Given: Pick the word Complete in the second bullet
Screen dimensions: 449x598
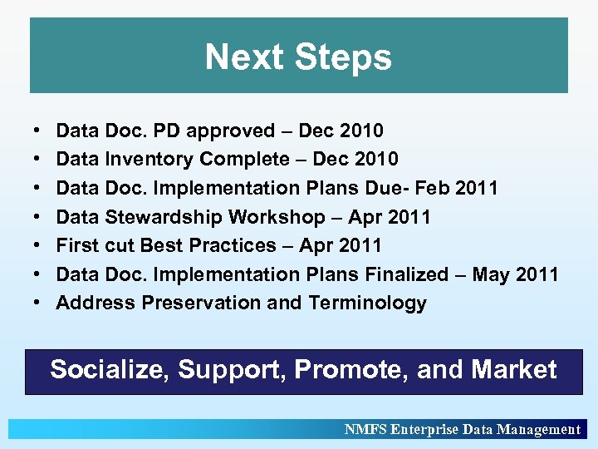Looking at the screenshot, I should pos(237,159).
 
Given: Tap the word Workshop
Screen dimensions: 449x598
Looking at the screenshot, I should pos(277,217).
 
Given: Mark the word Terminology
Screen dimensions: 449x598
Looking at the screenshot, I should pos(368,303).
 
